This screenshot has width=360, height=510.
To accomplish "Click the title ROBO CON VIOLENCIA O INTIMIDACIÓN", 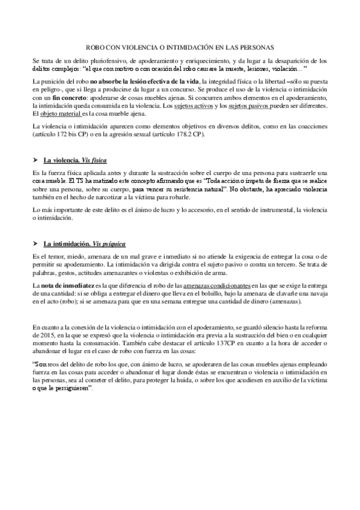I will pyautogui.click(x=180, y=46).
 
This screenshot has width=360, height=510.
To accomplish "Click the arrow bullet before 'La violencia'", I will pyautogui.click(x=35, y=161).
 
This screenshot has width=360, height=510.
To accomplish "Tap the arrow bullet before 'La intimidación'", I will pyautogui.click(x=35, y=244).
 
